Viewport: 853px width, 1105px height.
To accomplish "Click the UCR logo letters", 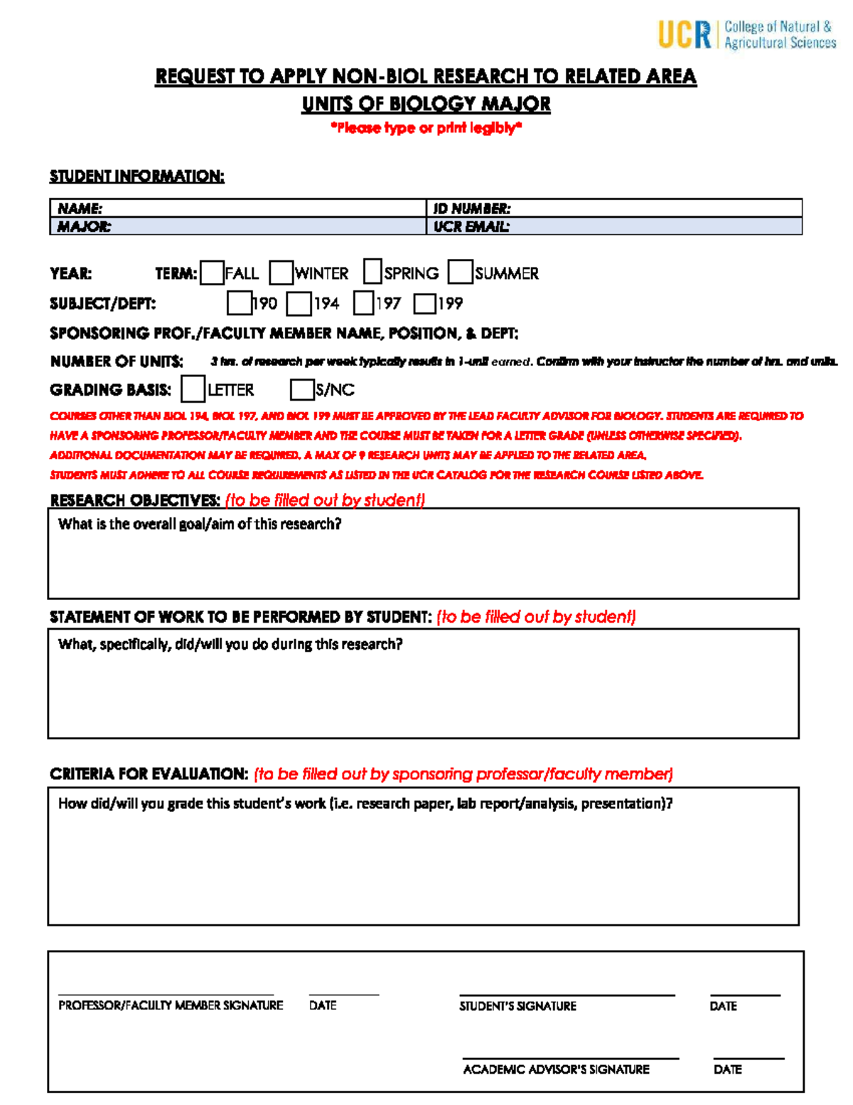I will pos(684,34).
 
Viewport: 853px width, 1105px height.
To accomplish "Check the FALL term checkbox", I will pos(212,273).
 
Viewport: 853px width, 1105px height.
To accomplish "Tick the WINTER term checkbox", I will pos(281,273).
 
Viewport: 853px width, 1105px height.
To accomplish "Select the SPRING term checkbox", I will pos(372,272).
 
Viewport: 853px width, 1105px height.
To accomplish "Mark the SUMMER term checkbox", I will pos(461,272).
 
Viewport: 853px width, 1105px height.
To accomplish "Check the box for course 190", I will pos(239,304).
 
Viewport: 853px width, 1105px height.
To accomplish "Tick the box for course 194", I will pos(299,304).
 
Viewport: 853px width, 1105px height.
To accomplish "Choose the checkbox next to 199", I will pos(424,304).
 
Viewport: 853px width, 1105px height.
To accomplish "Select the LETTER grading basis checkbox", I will pos(193,389).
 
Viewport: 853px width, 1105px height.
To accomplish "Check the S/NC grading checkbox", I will pos(302,389).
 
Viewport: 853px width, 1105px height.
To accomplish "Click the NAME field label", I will pos(80,209).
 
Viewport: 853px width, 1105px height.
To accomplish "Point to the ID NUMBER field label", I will pos(472,209).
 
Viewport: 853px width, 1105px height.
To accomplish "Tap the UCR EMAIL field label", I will pos(471,227).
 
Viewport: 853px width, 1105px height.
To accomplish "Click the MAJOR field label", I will pos(84,227).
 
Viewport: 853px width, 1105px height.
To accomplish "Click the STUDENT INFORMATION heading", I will pos(136,176).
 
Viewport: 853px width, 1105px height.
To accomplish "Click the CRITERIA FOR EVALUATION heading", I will pos(149,774).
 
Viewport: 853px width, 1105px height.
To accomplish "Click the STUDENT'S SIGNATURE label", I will pos(517,1006).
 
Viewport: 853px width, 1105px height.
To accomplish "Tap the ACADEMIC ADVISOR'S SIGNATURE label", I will pos(556,1069).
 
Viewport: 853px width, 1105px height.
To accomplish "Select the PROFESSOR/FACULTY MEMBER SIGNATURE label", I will pos(171,1005).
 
